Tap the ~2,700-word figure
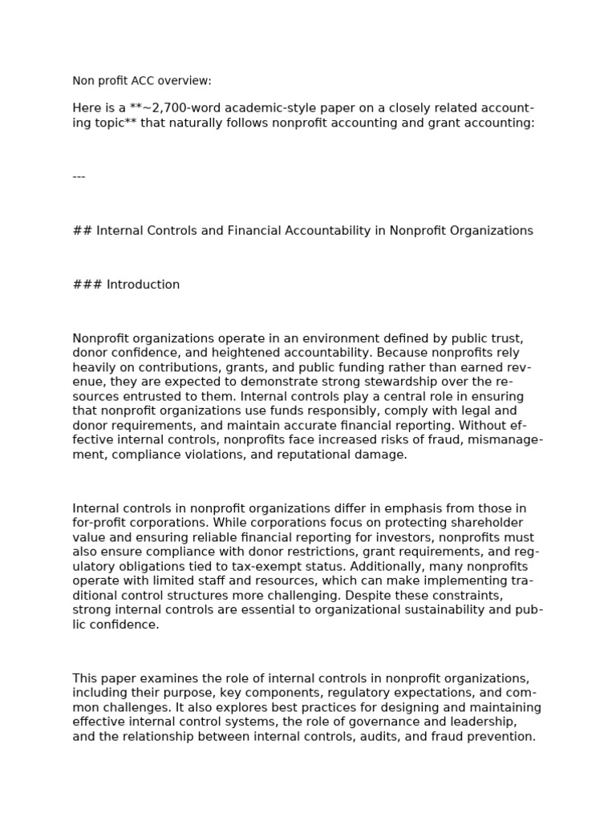[171, 108]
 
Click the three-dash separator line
[79, 176]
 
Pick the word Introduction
[144, 285]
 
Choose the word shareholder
[486, 523]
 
